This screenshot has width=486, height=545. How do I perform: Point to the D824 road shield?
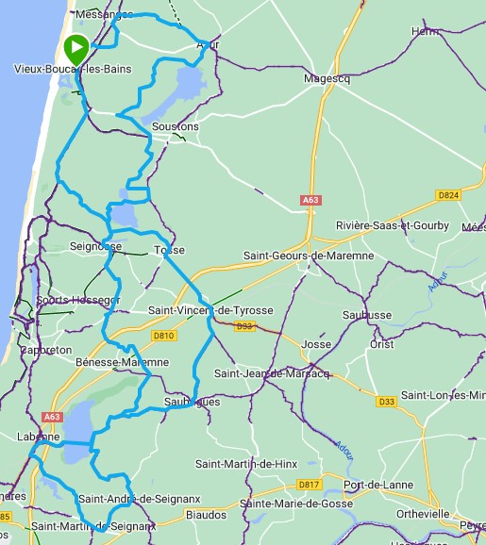click(447, 195)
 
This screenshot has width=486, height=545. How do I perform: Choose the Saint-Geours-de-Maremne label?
click(309, 256)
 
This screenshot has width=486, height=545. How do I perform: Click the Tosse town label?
click(169, 251)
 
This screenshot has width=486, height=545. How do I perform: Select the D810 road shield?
click(163, 335)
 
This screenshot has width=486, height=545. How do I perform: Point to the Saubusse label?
click(367, 315)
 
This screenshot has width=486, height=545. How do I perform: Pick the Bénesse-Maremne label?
click(122, 362)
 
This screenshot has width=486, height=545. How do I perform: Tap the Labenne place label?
click(38, 438)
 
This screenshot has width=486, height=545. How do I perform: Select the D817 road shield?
click(310, 485)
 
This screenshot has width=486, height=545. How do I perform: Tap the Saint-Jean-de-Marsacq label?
click(272, 373)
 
